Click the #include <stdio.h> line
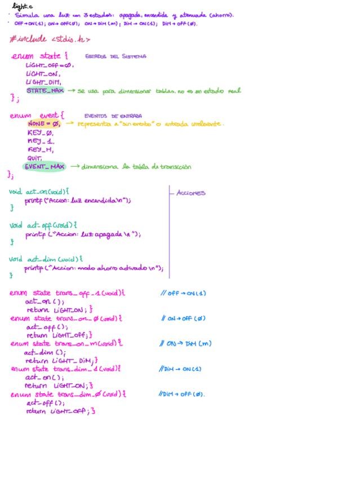tap(50, 39)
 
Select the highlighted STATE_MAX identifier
tap(45, 90)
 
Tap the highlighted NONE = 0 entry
tap(43, 123)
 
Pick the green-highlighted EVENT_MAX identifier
tap(45, 167)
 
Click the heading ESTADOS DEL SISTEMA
tap(116, 56)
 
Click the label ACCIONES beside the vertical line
tap(191, 193)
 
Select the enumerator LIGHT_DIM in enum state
tap(43, 82)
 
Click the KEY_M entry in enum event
tap(40, 150)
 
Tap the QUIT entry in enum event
tap(35, 158)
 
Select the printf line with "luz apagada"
tap(83, 234)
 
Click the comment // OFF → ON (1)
tap(183, 293)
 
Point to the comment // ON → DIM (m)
tap(185, 343)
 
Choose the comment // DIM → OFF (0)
tap(182, 395)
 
